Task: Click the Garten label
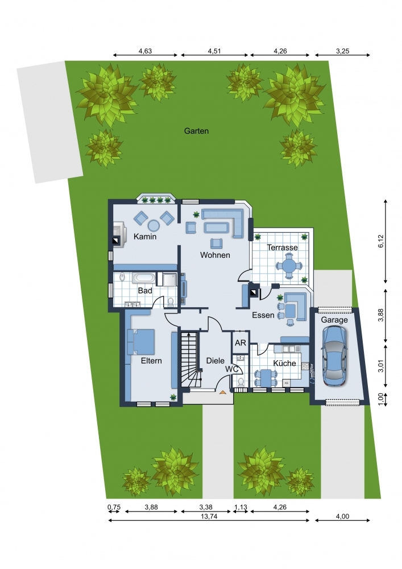(196, 131)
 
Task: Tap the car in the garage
(334, 356)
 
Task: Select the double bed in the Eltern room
(141, 341)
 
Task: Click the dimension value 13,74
(209, 517)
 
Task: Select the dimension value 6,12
(380, 241)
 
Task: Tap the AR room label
(241, 343)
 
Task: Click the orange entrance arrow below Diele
(222, 391)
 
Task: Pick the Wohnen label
(215, 255)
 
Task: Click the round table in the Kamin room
(154, 225)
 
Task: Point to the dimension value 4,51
(214, 51)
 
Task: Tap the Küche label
(284, 363)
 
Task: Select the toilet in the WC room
(241, 382)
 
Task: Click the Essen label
(263, 315)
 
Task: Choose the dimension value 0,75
(114, 507)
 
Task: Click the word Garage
(334, 320)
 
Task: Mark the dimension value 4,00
(342, 517)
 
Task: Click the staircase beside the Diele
(190, 360)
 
